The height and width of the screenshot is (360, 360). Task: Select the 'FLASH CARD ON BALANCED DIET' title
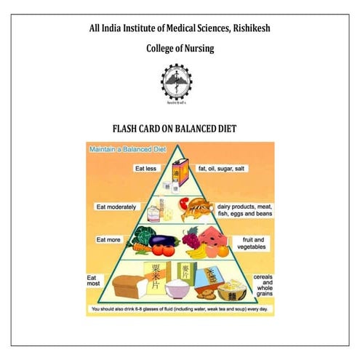click(180, 129)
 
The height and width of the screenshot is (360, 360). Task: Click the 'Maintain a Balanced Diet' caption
click(127, 150)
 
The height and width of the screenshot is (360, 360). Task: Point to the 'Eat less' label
click(145, 168)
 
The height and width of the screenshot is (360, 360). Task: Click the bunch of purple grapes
click(191, 237)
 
